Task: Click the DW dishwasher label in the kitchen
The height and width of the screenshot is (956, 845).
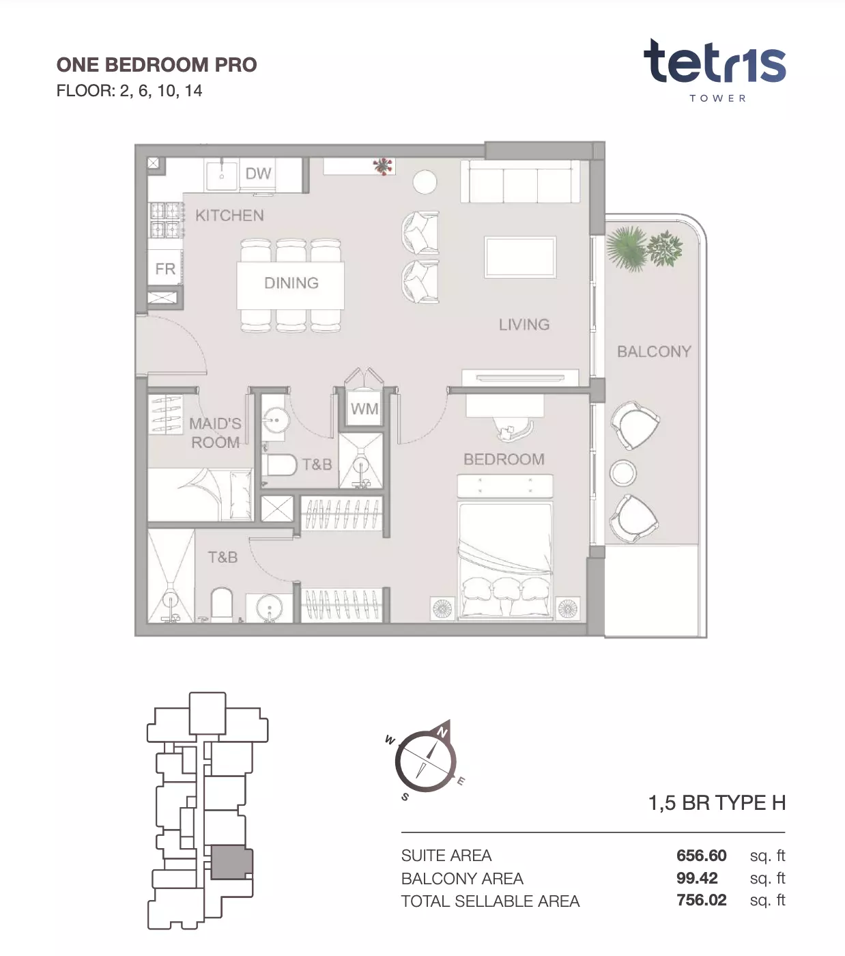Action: tap(258, 173)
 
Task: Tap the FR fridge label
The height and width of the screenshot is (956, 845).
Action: tap(165, 269)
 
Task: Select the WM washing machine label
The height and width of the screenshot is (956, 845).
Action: tap(364, 408)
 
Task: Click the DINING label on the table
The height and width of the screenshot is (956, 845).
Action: tap(291, 283)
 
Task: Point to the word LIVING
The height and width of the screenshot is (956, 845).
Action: tap(524, 324)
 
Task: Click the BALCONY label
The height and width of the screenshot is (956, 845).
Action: tap(654, 352)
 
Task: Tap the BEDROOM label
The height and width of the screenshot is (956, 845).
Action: tap(504, 459)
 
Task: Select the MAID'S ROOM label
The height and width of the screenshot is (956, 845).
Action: tap(215, 433)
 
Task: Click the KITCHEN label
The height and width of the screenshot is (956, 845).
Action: tap(229, 216)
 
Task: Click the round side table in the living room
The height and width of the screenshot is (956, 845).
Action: tap(425, 182)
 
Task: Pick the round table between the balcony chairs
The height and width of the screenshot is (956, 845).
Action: tap(622, 473)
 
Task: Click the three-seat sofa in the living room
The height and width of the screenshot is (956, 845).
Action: tap(520, 182)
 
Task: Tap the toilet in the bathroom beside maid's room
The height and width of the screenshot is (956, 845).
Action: tap(279, 465)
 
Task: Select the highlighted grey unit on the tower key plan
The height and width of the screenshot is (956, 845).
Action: tap(231, 863)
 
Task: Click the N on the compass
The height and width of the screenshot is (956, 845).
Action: tap(442, 732)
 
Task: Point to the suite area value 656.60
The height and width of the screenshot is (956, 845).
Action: tap(701, 855)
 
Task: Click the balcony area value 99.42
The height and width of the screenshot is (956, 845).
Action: tap(697, 877)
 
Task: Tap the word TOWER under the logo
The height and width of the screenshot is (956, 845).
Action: tap(717, 98)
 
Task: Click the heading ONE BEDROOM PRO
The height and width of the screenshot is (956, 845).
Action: tap(156, 65)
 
